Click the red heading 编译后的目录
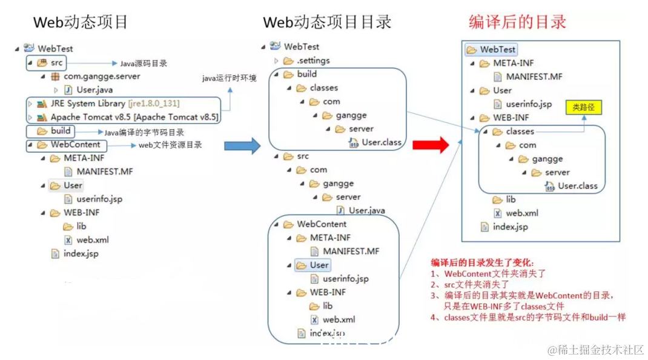pos(517,22)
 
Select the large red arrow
pos(431,145)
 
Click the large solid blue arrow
pos(242,145)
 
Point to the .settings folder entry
pos(312,61)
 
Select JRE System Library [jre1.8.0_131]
pos(114,104)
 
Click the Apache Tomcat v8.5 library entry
pos(133,117)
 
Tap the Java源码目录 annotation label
pos(143,63)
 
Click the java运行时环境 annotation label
pos(229,78)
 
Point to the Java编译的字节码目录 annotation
pos(144,132)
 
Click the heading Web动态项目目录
pos(327,22)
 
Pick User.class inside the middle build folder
pos(381,142)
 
